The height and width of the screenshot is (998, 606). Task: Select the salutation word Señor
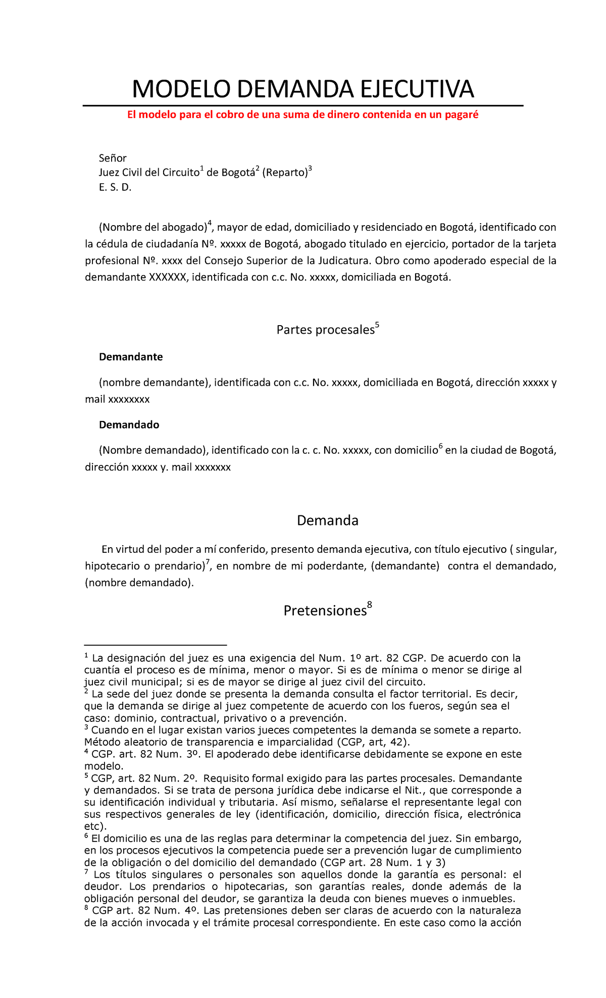(x=113, y=158)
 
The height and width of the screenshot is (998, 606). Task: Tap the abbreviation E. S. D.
(x=115, y=188)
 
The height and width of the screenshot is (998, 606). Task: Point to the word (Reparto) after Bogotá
(x=284, y=173)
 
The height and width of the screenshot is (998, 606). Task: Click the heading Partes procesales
(x=325, y=330)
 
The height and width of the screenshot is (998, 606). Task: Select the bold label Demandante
(x=131, y=357)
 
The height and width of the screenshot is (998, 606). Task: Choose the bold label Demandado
(x=129, y=425)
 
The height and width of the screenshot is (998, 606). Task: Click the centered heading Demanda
(x=327, y=520)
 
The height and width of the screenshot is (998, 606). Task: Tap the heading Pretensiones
(x=324, y=611)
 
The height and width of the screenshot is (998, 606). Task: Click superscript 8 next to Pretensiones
(x=370, y=605)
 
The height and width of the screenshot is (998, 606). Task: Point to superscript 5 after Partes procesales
(x=377, y=326)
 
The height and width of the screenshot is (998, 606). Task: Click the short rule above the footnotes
(x=156, y=645)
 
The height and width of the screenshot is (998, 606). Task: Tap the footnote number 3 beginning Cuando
(x=86, y=728)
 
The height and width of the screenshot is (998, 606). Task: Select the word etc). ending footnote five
(x=95, y=826)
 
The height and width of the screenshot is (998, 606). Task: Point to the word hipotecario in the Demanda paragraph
(x=109, y=566)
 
